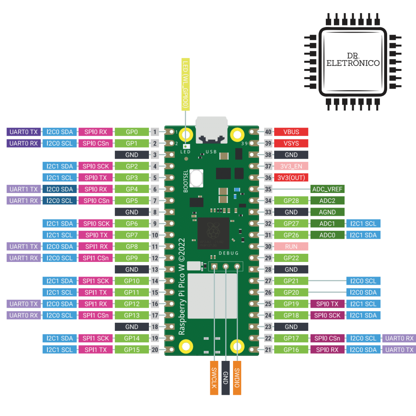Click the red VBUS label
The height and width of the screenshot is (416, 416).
coord(291,132)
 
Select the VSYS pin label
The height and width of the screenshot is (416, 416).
coord(291,143)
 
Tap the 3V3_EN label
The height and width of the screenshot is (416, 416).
coord(291,166)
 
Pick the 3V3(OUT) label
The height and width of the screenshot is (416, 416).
coord(291,178)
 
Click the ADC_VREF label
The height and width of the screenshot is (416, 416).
coord(327,189)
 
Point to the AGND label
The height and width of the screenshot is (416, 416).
coord(327,212)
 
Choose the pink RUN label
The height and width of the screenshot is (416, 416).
coord(291,246)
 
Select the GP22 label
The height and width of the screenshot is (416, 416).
coord(291,258)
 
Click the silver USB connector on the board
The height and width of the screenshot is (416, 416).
coord(211,129)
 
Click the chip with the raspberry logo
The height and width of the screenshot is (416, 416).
coord(213,233)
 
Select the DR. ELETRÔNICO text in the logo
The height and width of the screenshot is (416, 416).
coord(352,59)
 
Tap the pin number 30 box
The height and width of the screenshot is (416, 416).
coord(268,246)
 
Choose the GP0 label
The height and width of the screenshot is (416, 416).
coord(132,132)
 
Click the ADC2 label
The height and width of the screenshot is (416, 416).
coord(327,200)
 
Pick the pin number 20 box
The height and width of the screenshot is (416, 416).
coord(154,349)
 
